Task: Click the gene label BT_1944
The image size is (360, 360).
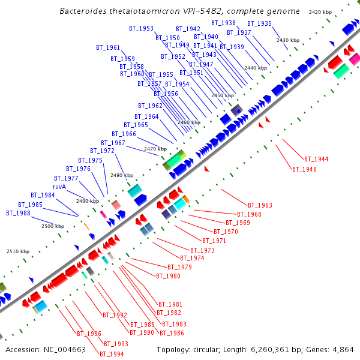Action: coord(316,160)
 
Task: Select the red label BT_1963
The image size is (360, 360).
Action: coord(260,206)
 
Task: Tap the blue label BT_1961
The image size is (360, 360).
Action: coord(108,47)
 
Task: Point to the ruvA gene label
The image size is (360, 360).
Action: coord(59,187)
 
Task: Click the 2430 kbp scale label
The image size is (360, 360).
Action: coord(287,40)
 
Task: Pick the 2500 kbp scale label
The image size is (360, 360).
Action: coord(52,227)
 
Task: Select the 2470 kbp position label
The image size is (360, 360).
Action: coord(154,149)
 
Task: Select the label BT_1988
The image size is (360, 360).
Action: coord(18,213)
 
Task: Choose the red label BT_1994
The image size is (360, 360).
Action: coord(112,354)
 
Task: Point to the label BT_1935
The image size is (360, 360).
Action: coord(259,24)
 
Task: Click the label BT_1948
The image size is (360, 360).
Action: coord(304,169)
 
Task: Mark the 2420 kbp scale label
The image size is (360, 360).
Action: coord(320,12)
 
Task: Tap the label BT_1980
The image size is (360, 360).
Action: coord(168,276)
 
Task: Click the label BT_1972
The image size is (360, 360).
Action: coord(102,151)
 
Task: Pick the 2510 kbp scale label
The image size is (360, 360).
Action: coord(17,252)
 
